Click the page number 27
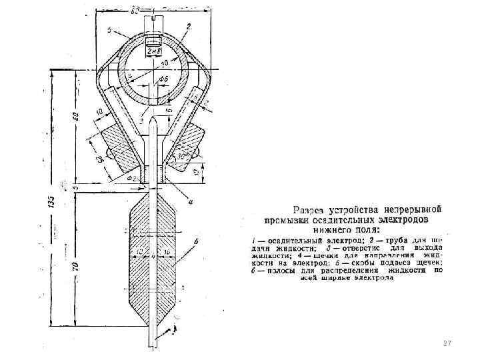[x=447, y=343]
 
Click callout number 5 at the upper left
[x=108, y=29]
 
